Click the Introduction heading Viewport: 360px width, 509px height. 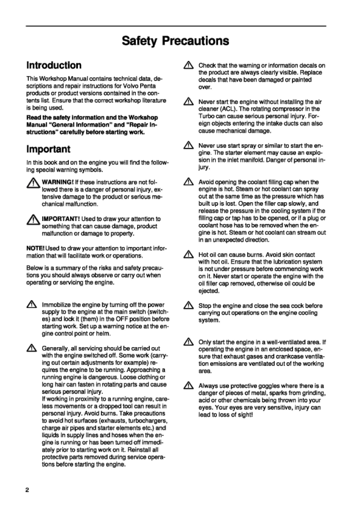point(54,65)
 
